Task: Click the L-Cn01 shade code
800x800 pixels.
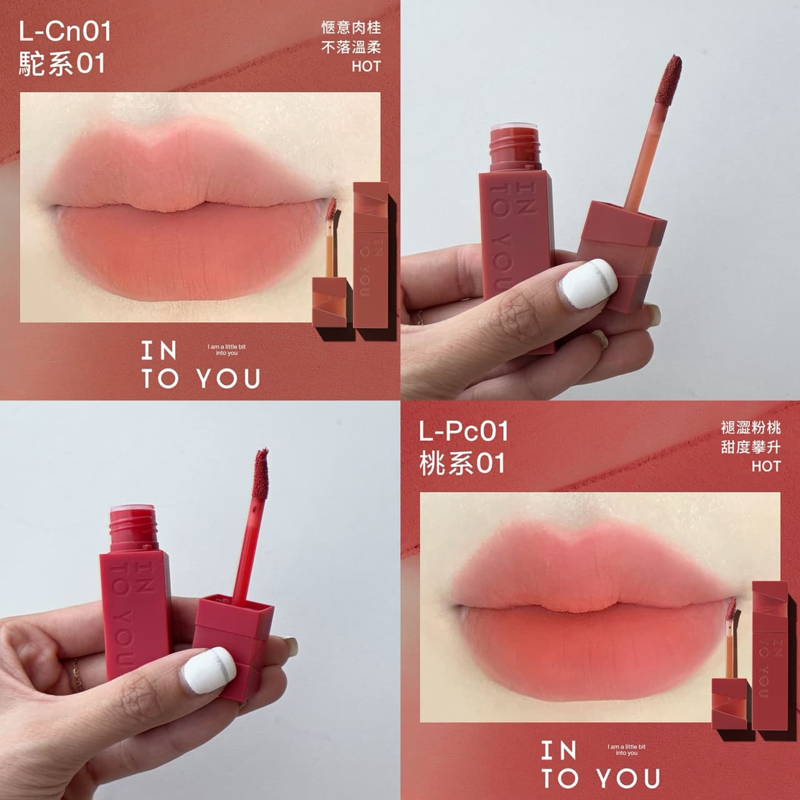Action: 65,32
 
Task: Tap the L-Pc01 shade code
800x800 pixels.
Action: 464,431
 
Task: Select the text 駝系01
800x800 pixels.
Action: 62,64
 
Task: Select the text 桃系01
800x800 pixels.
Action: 462,463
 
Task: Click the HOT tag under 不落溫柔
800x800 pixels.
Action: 366,66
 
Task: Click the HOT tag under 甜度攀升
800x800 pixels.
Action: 766,466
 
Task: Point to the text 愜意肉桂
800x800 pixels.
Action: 351,28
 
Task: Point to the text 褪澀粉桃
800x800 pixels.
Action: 751,427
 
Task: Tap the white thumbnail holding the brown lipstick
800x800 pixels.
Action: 588,282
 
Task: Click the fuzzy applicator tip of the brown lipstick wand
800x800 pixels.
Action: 668,80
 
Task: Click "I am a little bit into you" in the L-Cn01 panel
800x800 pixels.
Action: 227,349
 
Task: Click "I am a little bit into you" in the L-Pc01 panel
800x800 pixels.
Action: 626,749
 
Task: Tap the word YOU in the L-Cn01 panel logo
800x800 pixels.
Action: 228,379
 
